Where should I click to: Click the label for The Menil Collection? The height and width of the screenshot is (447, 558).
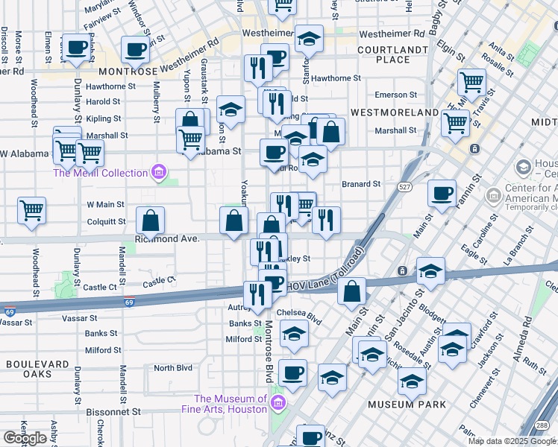coord(100,173)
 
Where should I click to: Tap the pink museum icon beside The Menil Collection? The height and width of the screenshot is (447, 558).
coord(157,174)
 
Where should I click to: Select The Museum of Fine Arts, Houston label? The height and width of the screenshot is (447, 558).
coord(231,404)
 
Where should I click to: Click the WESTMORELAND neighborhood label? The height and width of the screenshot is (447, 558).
coord(395,112)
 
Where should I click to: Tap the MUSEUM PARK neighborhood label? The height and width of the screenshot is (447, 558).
coord(407,405)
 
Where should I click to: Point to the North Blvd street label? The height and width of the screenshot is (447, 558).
coord(173,368)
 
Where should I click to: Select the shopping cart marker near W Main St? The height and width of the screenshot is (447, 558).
coord(31,211)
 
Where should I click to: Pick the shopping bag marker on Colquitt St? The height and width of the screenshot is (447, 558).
coord(151,221)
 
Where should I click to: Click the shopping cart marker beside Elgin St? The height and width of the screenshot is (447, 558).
coord(471,81)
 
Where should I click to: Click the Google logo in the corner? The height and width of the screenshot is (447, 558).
coord(25,438)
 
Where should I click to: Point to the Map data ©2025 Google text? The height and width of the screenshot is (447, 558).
coord(512,441)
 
